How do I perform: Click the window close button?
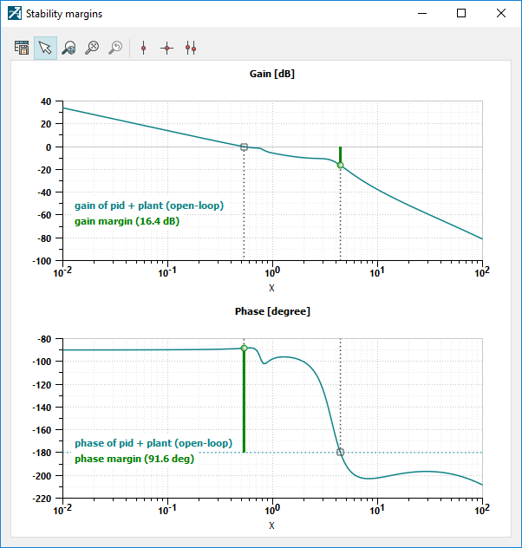click(x=500, y=13)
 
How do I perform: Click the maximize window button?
click(x=461, y=13)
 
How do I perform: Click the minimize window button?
click(x=422, y=13)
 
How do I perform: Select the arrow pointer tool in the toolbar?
click(x=45, y=49)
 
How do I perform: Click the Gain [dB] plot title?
click(x=271, y=74)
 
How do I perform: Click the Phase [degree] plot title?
click(x=271, y=310)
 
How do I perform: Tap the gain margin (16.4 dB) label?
click(x=127, y=221)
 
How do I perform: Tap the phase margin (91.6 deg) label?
click(x=134, y=459)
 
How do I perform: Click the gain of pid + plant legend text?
click(x=149, y=205)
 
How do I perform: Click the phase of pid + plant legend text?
click(x=153, y=443)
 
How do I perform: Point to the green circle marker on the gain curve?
click(x=341, y=165)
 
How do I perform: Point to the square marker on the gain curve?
click(x=244, y=147)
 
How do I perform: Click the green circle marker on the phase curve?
click(x=244, y=348)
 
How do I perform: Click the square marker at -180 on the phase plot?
click(x=341, y=452)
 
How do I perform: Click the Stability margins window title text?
click(x=64, y=14)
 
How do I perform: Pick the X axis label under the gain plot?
click(x=271, y=288)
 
